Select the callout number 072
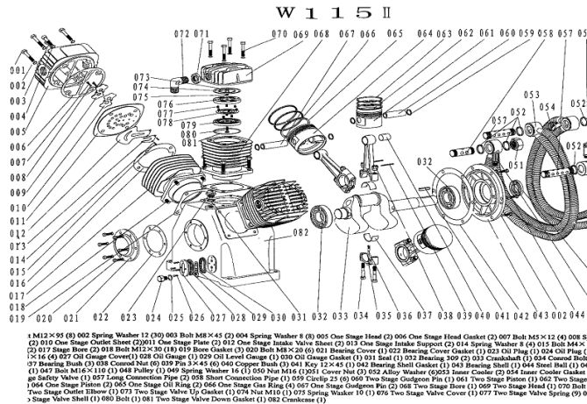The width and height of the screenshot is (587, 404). [181, 33]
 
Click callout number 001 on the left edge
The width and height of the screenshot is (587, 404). [18, 70]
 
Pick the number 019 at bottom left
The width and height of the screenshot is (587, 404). [18, 308]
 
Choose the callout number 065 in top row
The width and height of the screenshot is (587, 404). [394, 35]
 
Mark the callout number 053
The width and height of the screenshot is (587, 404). [531, 94]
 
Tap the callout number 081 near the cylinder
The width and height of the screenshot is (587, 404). [188, 144]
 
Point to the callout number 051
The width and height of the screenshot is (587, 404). [515, 164]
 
